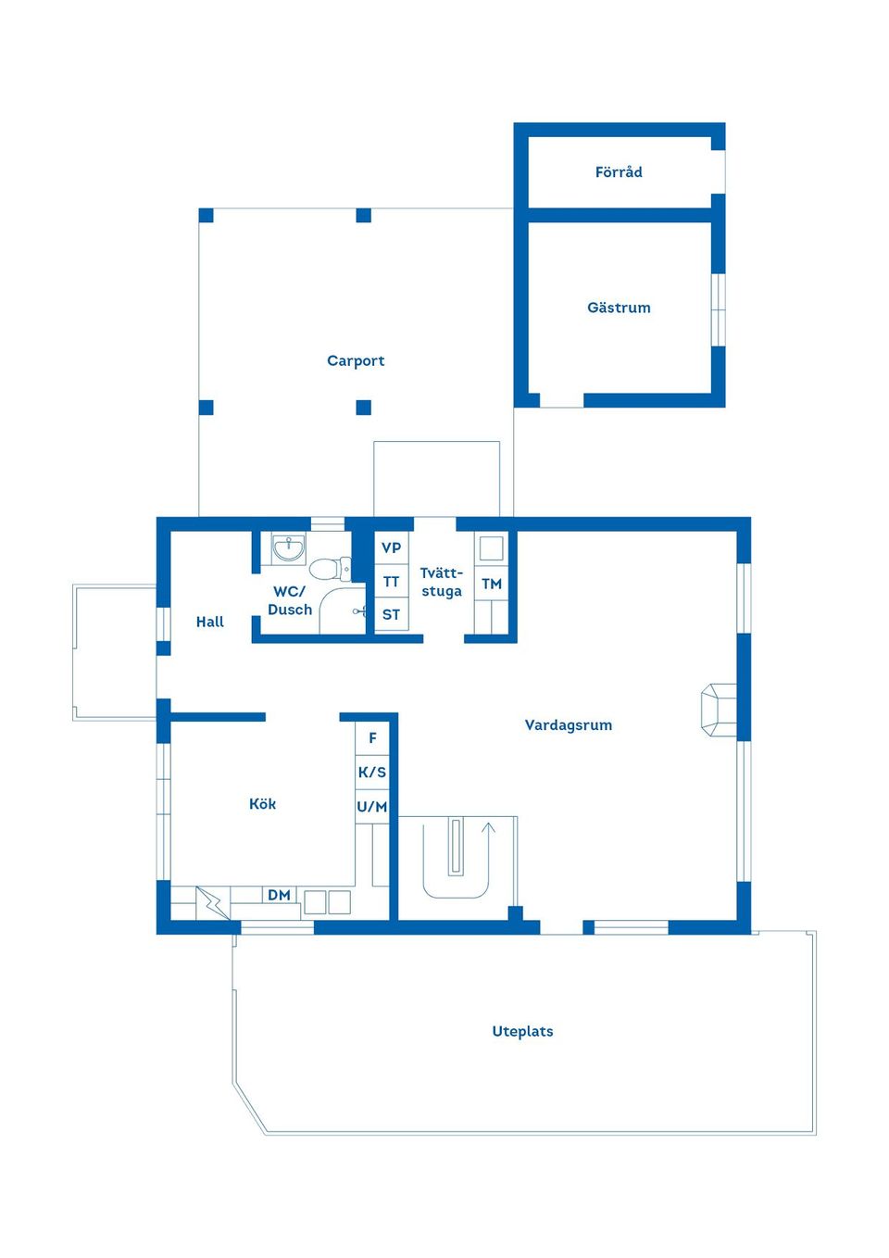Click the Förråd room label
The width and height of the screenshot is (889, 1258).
[x=619, y=172]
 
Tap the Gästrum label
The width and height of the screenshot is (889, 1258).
[x=619, y=308]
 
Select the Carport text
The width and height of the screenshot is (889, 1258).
[x=356, y=360]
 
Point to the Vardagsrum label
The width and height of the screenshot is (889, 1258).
[x=568, y=725]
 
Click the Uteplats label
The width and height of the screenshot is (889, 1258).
[x=522, y=1032]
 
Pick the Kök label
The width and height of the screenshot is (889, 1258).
[x=262, y=804]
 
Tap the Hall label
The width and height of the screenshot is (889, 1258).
[x=210, y=622]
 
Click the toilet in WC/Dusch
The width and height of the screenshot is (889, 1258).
[x=330, y=569]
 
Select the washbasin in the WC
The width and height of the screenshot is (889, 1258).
[x=289, y=548]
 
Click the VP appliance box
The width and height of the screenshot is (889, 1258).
[x=391, y=547]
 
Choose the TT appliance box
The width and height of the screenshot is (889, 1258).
[x=391, y=582]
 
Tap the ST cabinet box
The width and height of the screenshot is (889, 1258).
[x=391, y=614]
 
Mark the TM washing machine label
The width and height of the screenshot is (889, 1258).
[x=492, y=584]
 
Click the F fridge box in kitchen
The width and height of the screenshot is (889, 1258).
[x=372, y=738]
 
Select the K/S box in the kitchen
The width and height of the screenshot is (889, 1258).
[x=372, y=773]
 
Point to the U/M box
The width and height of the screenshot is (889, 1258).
[x=372, y=807]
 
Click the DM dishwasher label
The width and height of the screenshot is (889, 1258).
[x=279, y=895]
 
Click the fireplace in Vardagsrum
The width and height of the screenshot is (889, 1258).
[x=719, y=710]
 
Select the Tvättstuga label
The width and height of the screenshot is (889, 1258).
[x=442, y=582]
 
